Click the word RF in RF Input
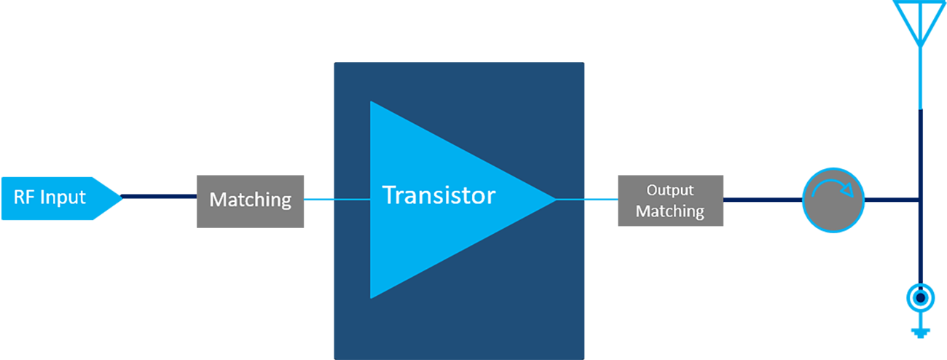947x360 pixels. click(x=24, y=197)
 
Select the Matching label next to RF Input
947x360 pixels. click(x=250, y=200)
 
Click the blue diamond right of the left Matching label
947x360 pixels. click(x=318, y=199)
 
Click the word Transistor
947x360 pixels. click(x=439, y=195)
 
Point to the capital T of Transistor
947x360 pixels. click(x=390, y=195)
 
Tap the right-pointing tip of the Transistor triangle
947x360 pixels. click(x=554, y=199)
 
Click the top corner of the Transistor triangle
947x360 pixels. click(x=372, y=103)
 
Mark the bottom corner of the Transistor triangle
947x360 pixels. click(x=372, y=295)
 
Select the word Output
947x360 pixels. click(x=670, y=190)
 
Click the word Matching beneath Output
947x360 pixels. click(x=670, y=212)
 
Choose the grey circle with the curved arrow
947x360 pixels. click(x=833, y=199)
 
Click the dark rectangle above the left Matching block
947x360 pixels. click(x=278, y=31)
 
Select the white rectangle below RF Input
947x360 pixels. click(x=135, y=309)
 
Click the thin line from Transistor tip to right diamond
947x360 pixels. click(x=570, y=199)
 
